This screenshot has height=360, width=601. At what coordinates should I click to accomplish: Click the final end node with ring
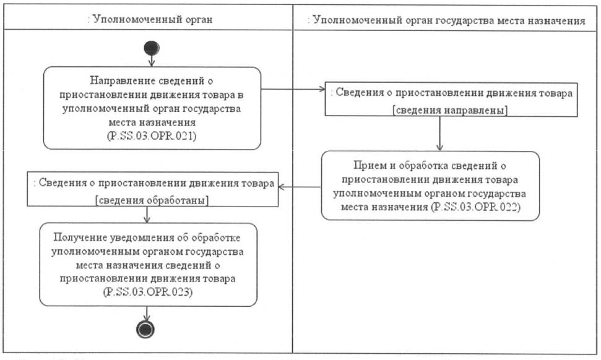coord(147,330)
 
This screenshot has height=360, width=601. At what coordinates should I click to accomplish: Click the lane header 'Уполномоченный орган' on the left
coord(151,20)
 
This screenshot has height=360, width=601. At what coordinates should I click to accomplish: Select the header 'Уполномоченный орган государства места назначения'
coord(446,20)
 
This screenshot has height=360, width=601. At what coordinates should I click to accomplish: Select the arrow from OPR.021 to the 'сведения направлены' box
coord(295,90)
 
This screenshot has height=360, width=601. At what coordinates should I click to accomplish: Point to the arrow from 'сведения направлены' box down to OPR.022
coord(439,132)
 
